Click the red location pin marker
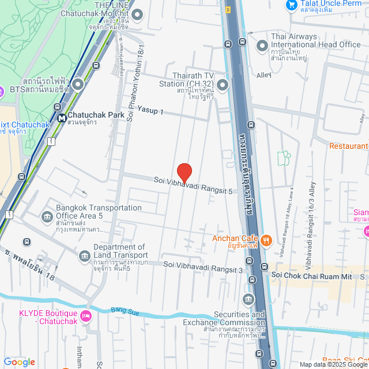coord(184,172)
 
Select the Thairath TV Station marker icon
coord(222,85)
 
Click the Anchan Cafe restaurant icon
coord(266,240)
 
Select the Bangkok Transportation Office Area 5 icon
coord(47,216)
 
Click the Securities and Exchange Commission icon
coord(248,299)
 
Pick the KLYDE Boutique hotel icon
coord(86,315)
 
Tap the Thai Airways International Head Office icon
coord(262,44)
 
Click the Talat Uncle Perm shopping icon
coord(291,5)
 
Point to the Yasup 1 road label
coord(150,111)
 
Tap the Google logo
coord(19,362)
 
